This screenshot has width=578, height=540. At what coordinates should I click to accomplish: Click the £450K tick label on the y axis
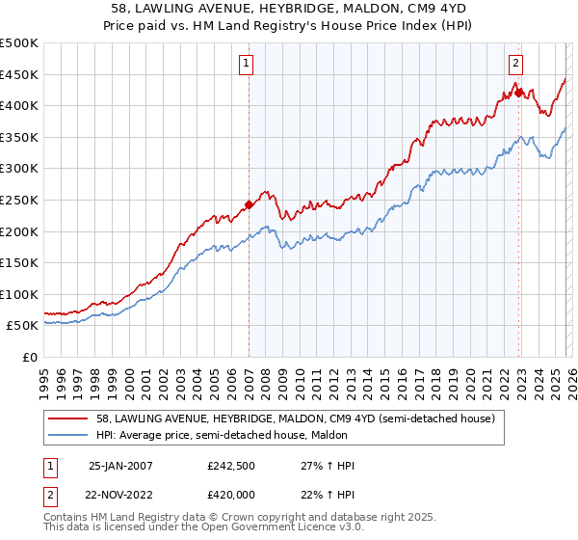click(19, 74)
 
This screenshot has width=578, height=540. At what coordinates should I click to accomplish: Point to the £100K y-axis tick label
click(19, 294)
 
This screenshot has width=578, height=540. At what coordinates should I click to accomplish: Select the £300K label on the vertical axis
click(19, 169)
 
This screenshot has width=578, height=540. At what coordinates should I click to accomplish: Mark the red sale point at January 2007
click(249, 204)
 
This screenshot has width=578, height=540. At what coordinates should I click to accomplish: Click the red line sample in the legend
click(68, 418)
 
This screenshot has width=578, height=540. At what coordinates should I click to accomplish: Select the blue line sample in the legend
click(68, 435)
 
